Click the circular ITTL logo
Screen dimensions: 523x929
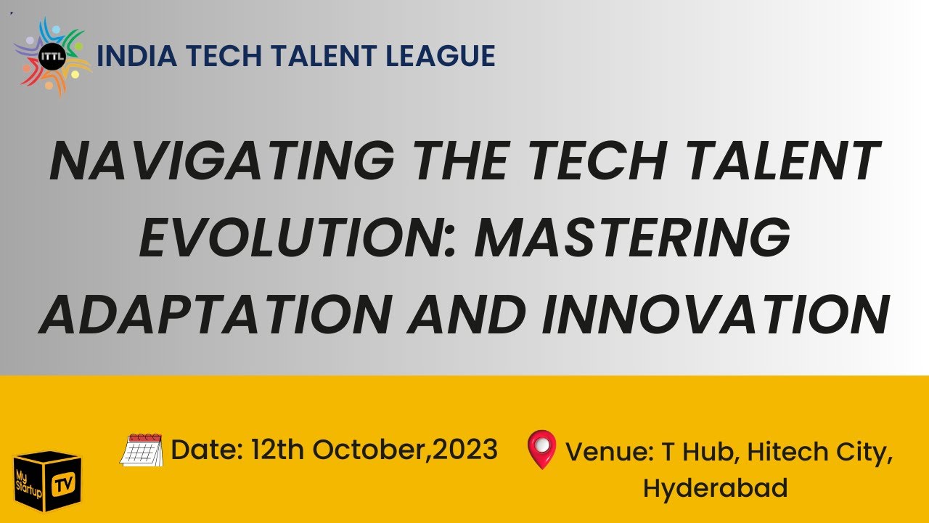click(x=52, y=56)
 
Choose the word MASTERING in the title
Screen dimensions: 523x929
click(x=632, y=239)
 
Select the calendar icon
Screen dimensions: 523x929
click(x=142, y=450)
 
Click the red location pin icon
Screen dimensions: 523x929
click(x=541, y=449)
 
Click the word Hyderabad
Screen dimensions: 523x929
click(x=715, y=487)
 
